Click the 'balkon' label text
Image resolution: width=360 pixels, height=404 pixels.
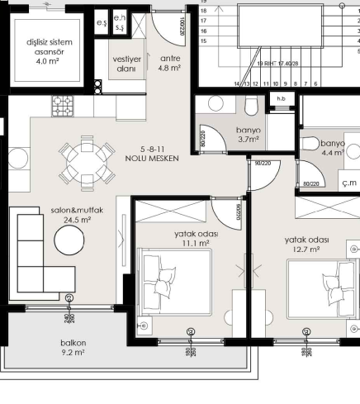click(73, 342)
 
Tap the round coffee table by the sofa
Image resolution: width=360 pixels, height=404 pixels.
click(69, 242)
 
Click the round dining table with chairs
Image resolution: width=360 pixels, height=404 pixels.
click(87, 161)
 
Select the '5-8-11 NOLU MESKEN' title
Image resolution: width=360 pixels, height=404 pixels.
click(152, 154)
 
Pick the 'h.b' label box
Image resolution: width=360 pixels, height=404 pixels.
click(281, 100)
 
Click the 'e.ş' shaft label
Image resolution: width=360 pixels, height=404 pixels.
click(102, 23)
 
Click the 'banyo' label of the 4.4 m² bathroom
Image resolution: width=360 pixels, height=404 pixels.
click(332, 143)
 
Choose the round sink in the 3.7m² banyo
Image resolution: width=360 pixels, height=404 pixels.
click(216, 104)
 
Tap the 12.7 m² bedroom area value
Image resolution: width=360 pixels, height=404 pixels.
click(306, 250)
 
